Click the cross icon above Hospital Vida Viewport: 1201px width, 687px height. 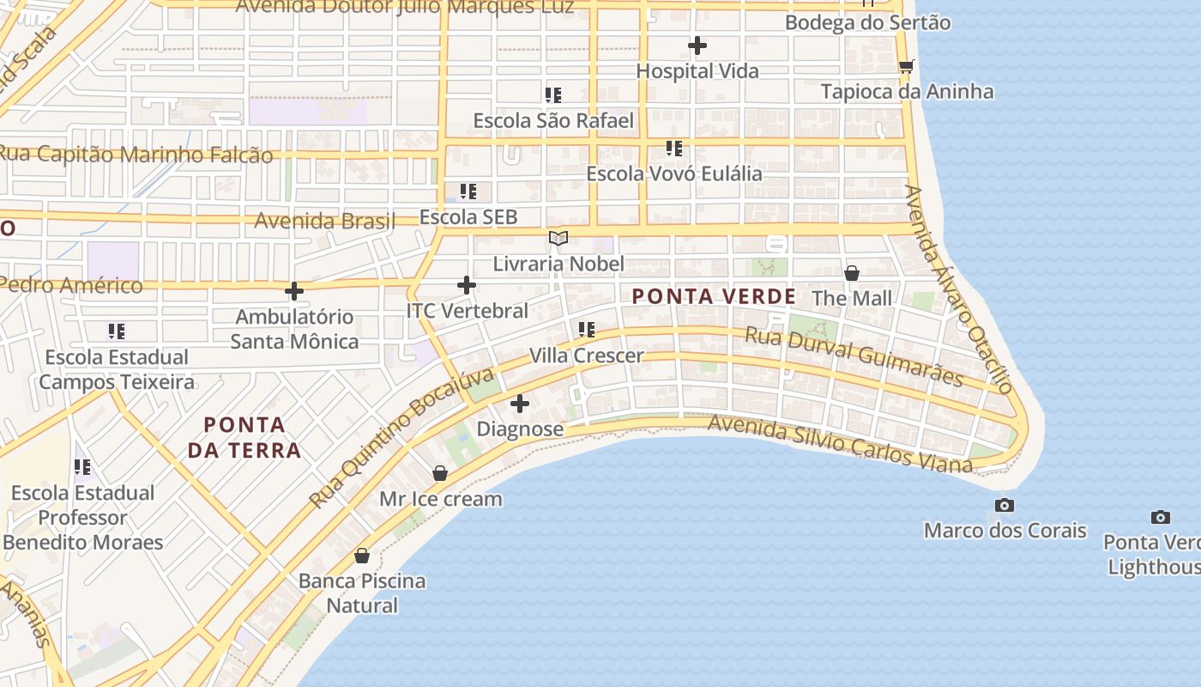point(697,46)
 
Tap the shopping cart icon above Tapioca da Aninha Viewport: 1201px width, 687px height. point(906,66)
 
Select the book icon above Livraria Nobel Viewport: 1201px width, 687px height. point(558,238)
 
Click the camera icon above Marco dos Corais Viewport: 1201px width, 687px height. point(1004,505)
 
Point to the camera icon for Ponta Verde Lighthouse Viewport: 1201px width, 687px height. point(1160,517)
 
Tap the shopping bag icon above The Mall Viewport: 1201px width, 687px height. point(852,273)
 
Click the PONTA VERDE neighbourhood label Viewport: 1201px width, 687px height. point(714,297)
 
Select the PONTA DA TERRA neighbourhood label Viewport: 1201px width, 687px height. point(244,437)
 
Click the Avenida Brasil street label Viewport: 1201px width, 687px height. point(325,221)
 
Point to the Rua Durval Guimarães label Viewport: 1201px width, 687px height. point(854,356)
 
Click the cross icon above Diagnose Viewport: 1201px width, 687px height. point(520,404)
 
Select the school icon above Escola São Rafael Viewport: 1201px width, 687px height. point(553,94)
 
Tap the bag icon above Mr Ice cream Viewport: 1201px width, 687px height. point(440,473)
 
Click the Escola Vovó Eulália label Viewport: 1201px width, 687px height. point(673,173)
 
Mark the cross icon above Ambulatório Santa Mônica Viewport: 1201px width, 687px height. point(294,292)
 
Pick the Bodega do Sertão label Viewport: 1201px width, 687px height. point(867,22)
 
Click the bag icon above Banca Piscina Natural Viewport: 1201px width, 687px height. point(362,556)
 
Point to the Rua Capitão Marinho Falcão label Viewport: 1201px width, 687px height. point(135,155)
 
